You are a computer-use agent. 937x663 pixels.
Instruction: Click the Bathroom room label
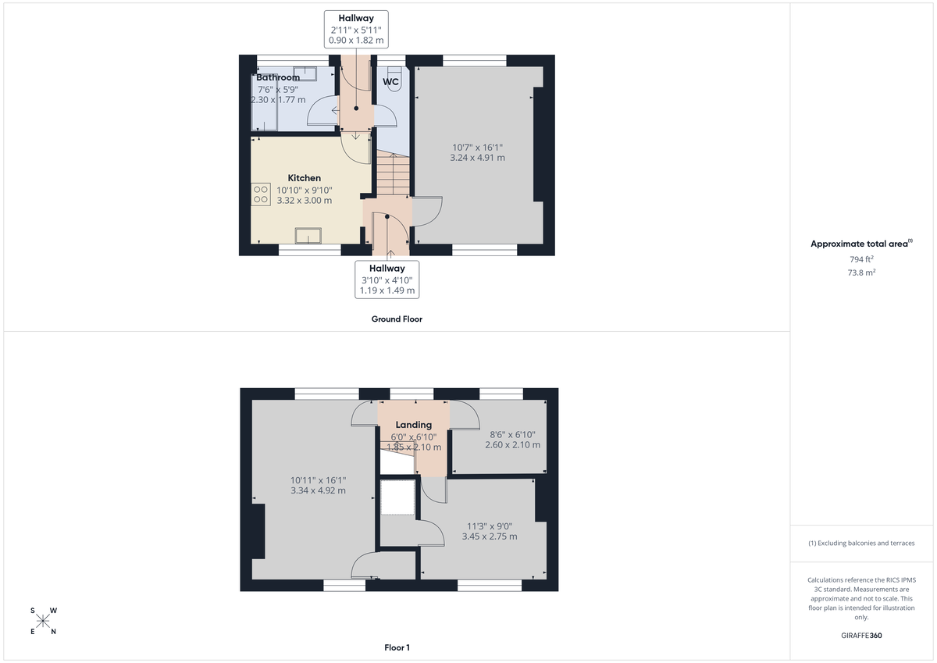pos(278,77)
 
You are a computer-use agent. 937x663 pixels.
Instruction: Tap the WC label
pos(390,81)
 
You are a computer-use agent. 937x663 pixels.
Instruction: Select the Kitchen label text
pos(304,178)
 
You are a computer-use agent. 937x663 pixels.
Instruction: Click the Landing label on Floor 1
pos(413,425)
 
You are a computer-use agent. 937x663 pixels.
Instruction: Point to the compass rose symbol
pos(43,622)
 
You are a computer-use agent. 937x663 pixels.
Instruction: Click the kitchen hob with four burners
pos(259,194)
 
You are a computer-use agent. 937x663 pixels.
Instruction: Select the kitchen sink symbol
pos(308,236)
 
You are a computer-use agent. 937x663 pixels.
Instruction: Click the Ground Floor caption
pos(397,319)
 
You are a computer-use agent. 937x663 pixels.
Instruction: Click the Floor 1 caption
pos(397,647)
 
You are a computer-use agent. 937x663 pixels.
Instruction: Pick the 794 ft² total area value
pos(861,258)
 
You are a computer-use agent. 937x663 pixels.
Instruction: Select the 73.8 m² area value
pos(861,273)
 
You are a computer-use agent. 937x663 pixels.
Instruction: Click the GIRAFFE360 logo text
pos(860,636)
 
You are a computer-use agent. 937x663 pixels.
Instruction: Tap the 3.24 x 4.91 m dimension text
pos(477,157)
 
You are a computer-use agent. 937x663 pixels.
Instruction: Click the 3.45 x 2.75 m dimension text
pos(490,536)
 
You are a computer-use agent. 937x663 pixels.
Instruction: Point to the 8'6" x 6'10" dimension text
pos(512,434)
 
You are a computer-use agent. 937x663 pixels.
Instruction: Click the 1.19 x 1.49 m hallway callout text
pos(387,291)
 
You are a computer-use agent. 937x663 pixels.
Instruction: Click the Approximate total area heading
pos(860,244)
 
